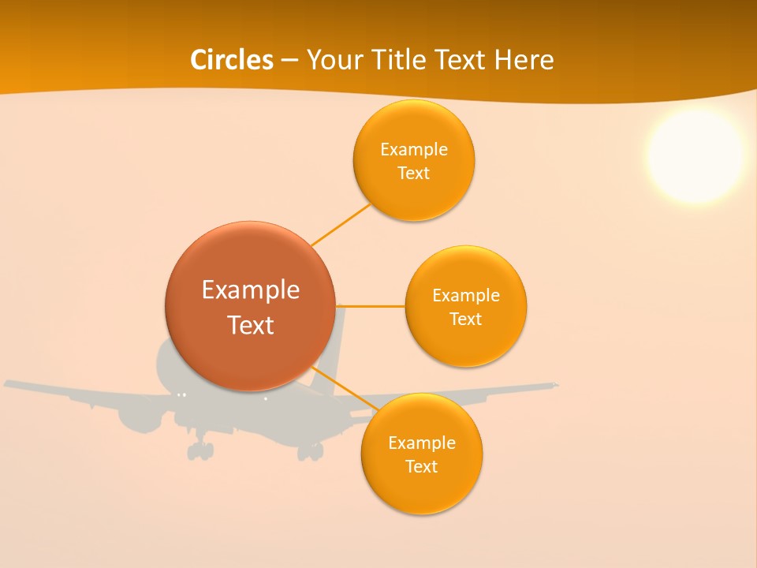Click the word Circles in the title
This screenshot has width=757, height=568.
pos(232,60)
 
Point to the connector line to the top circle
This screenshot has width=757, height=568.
pos(341,223)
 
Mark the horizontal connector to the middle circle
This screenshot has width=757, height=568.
pos(371,305)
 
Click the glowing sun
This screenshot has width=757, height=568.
pos(695,155)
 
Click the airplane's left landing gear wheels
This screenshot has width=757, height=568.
pos(200,450)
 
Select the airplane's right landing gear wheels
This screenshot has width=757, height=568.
pos(310,451)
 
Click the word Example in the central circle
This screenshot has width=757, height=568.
pos(251,290)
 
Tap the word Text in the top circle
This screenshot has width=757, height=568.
pos(414,174)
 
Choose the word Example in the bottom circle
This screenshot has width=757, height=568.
pos(422,443)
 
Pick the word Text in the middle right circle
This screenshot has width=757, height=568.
pos(466,319)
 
